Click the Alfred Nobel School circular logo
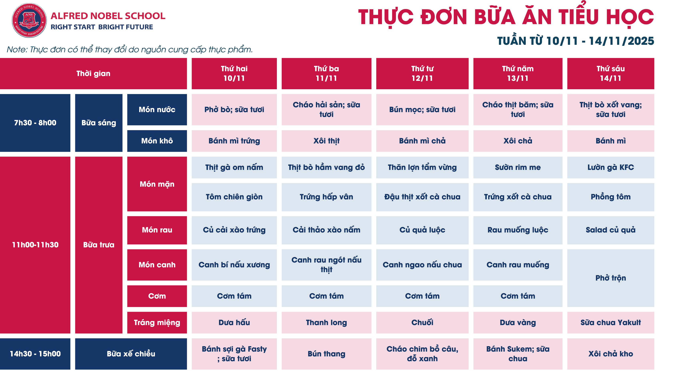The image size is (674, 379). tap(29, 20)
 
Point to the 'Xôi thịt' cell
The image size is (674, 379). tap(326, 141)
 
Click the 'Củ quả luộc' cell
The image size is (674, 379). tap(422, 230)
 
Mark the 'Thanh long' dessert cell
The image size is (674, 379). tap(326, 322)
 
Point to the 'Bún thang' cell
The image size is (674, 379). tap(326, 354)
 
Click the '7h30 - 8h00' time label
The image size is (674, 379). tap(35, 123)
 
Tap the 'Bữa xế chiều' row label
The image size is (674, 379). tap(131, 354)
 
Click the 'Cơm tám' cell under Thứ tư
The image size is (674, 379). tap(422, 296)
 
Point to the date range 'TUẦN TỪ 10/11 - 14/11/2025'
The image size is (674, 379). tap(575, 41)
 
